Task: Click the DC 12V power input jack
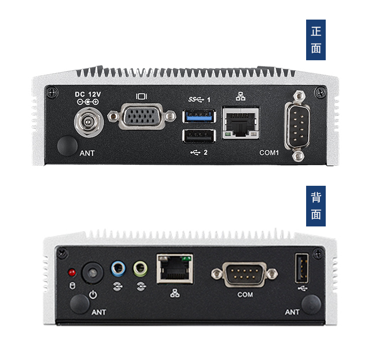click(x=87, y=122)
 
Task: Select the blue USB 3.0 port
click(x=199, y=116)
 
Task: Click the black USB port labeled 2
click(x=199, y=136)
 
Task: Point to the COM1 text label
click(x=269, y=153)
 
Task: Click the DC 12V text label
click(x=88, y=94)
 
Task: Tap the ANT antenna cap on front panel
click(x=67, y=146)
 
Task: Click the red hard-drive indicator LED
click(x=72, y=273)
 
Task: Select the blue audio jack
click(x=118, y=269)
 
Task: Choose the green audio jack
click(x=140, y=269)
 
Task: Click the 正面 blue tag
click(x=316, y=40)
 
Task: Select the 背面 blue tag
click(x=316, y=206)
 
